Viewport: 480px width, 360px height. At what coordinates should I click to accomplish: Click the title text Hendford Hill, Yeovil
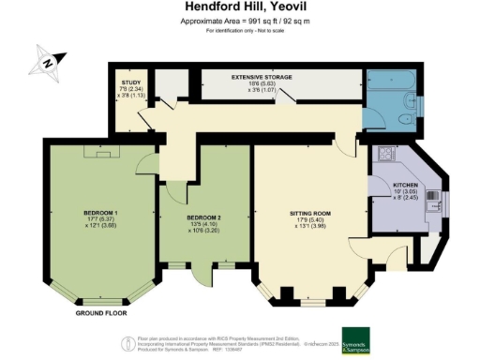239,7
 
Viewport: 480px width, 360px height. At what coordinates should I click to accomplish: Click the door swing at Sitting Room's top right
349,142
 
